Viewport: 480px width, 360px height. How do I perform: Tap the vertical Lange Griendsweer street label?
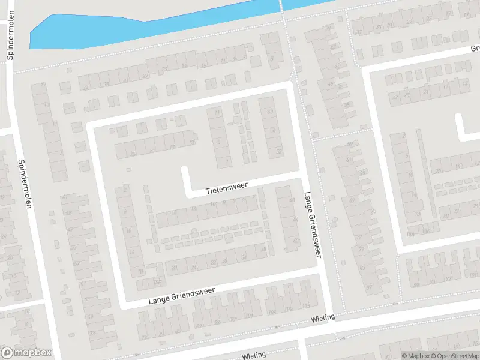[x=312, y=225]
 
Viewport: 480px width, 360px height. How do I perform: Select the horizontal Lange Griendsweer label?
[x=181, y=296]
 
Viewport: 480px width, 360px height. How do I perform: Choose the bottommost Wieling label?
[x=254, y=355]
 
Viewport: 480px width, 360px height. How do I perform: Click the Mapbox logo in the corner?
[x=26, y=353]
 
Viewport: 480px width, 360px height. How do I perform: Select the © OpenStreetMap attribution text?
[x=455, y=356]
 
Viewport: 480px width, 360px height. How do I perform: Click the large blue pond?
[x=120, y=27]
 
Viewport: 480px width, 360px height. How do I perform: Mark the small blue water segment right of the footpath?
[x=306, y=4]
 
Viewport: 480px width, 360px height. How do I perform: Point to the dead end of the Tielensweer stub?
[x=185, y=170]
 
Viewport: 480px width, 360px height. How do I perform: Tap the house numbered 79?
[x=361, y=249]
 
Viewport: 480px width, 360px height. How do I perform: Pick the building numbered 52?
[x=278, y=152]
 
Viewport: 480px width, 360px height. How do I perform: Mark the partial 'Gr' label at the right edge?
[x=475, y=49]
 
